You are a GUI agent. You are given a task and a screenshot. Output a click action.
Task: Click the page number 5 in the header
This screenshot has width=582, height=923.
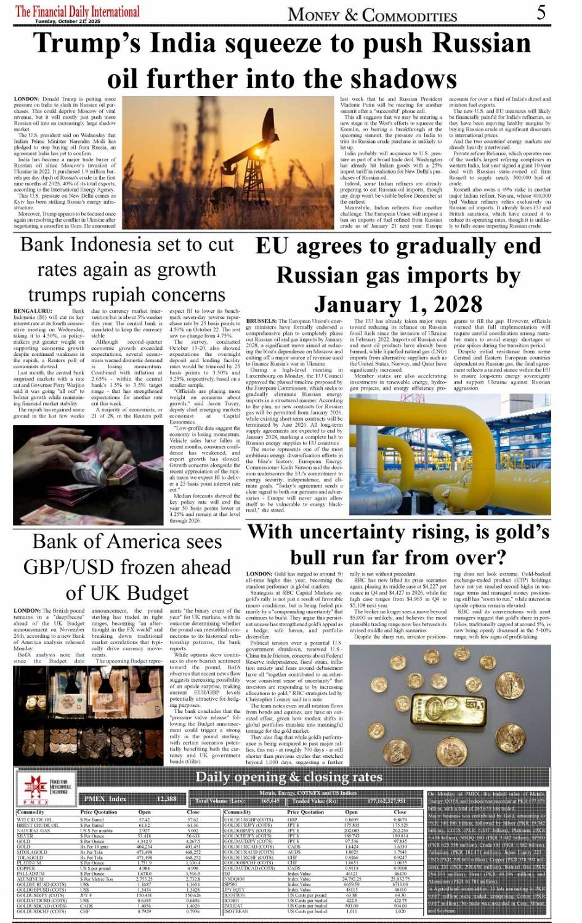coord(541,12)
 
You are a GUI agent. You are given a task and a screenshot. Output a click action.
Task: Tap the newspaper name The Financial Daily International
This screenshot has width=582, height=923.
coord(78,11)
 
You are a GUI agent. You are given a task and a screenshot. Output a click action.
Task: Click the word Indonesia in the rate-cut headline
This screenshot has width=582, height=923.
coord(127,244)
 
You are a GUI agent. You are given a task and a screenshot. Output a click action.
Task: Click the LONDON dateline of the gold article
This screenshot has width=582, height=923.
coord(259,574)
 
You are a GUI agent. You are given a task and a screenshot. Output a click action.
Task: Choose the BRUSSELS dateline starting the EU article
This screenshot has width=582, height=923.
coord(261,321)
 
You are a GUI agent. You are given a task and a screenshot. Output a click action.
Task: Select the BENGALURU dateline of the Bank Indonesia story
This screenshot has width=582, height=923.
coord(33,312)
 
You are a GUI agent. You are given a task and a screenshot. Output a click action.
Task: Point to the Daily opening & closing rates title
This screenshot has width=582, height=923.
coord(289,776)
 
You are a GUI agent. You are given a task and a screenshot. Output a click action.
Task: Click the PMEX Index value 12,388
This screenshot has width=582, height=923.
coord(166,799)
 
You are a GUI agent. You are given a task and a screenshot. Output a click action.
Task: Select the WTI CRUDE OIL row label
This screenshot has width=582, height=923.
coord(38,820)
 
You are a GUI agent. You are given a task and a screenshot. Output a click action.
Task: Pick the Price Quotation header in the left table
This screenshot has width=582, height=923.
coord(99,812)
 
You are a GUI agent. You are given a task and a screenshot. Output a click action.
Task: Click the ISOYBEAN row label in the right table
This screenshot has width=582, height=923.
coord(237,911)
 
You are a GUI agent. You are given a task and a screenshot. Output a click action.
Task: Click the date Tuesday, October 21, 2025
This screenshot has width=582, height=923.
coord(68,21)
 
